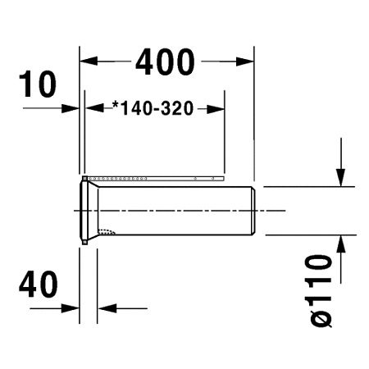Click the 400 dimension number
coord(165,61)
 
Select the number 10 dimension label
coord(39,84)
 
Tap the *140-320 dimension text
coord(153,108)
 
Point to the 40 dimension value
coord(39,285)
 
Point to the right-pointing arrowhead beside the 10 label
coord(73,108)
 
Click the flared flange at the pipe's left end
coord(86,211)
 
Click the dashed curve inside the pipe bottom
coord(107,230)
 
